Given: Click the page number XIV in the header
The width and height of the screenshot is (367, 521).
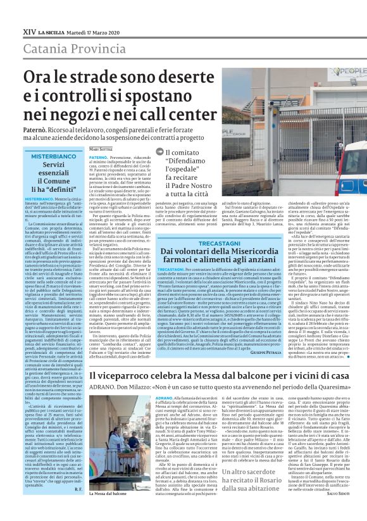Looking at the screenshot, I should pos(28,13).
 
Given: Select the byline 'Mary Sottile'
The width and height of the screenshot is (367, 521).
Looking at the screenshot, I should pos(101,149).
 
